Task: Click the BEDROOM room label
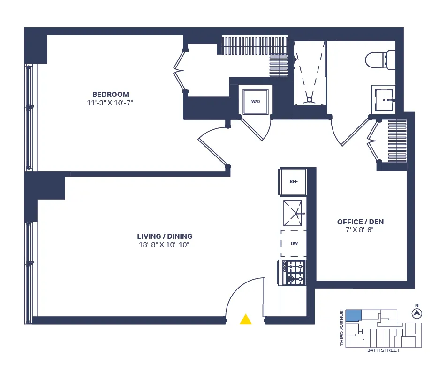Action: click(x=110, y=94)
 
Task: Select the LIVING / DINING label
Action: click(x=165, y=237)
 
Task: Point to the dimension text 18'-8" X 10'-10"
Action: click(x=165, y=245)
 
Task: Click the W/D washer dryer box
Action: click(x=256, y=100)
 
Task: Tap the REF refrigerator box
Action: click(x=294, y=182)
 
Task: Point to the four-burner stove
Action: click(x=294, y=273)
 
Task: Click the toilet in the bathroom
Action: click(x=379, y=59)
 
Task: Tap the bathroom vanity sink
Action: click(x=385, y=99)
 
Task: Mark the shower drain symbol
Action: click(x=309, y=99)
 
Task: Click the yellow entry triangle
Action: click(x=245, y=319)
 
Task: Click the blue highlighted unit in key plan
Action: click(x=354, y=316)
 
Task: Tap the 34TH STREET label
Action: click(x=383, y=350)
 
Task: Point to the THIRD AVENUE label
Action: click(x=342, y=328)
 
